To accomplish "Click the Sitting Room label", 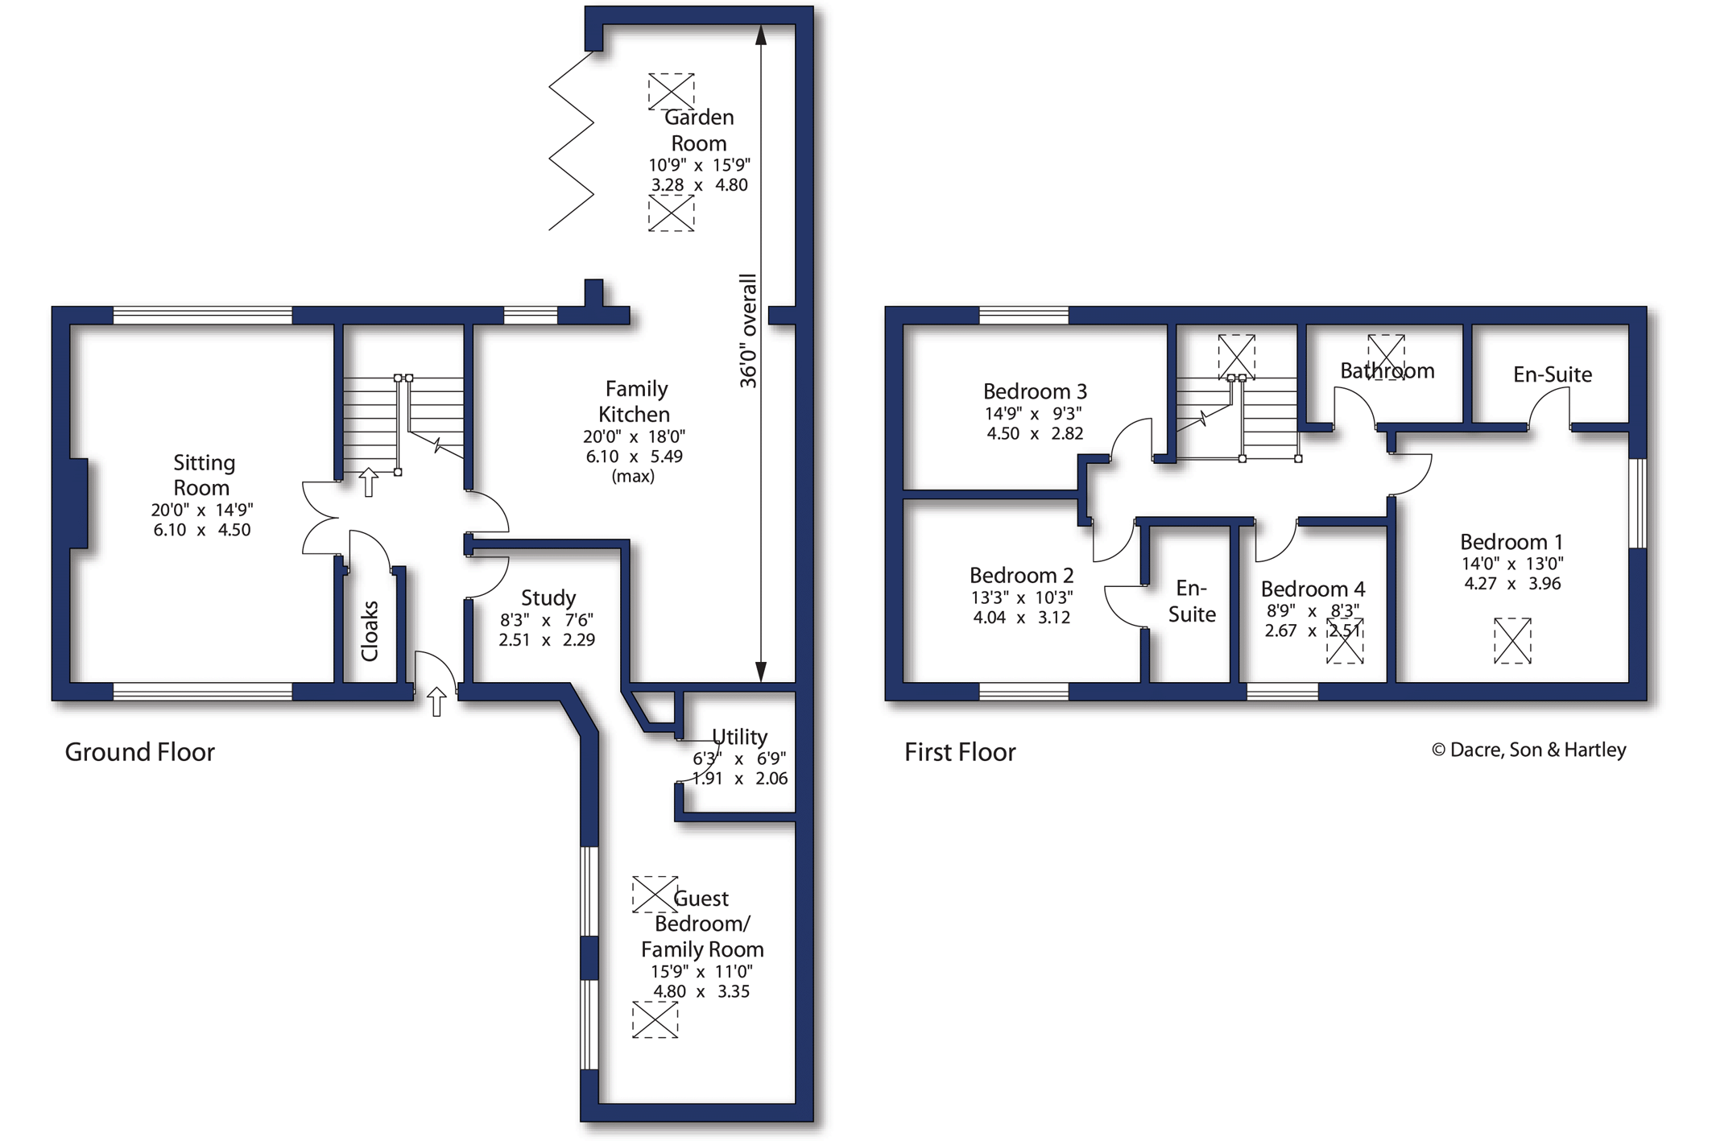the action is (204, 475).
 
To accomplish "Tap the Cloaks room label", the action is (370, 631).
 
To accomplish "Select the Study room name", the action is (548, 597).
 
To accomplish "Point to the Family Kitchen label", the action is (635, 401).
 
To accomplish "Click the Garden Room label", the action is (699, 130).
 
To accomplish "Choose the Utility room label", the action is (740, 737).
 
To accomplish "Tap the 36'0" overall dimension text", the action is (749, 331).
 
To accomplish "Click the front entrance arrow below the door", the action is (436, 702).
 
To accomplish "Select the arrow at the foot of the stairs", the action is (368, 482).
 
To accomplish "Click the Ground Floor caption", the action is (140, 752).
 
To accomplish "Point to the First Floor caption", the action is (960, 752).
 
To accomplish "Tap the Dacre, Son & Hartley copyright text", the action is (1529, 750).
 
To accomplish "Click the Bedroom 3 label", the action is (1035, 391).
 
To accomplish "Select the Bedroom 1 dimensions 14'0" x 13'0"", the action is (1512, 564).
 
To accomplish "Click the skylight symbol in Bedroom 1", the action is (1512, 641).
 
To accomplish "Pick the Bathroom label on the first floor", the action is (1387, 370).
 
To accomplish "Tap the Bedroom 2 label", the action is (1021, 575).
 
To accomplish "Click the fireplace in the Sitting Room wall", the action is (79, 503).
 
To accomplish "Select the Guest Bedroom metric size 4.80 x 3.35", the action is (701, 991).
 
